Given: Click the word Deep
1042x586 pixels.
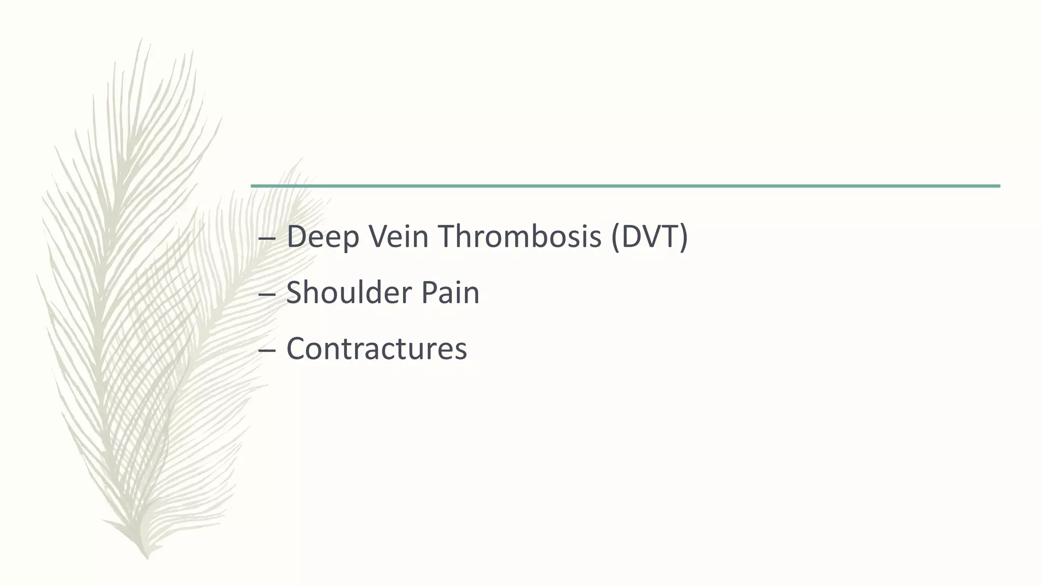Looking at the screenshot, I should pos(322,237).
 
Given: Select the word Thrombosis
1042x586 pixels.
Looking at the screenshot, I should pos(519,237).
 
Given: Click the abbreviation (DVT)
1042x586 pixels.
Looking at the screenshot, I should pos(649,237).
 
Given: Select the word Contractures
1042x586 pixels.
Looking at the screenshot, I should pos(377,349).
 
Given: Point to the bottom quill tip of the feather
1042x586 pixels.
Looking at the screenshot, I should pos(147,558).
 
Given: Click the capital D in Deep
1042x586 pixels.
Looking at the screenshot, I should pos(297,237).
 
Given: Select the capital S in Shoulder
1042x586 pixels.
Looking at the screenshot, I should pos(295,293).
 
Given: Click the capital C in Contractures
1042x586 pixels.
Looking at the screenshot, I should pos(297,349).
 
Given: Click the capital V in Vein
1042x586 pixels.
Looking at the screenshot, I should pos(379,237).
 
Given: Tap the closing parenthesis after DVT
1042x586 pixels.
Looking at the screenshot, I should pos(684,238).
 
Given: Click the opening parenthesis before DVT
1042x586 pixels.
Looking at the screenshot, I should pos(615,238).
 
